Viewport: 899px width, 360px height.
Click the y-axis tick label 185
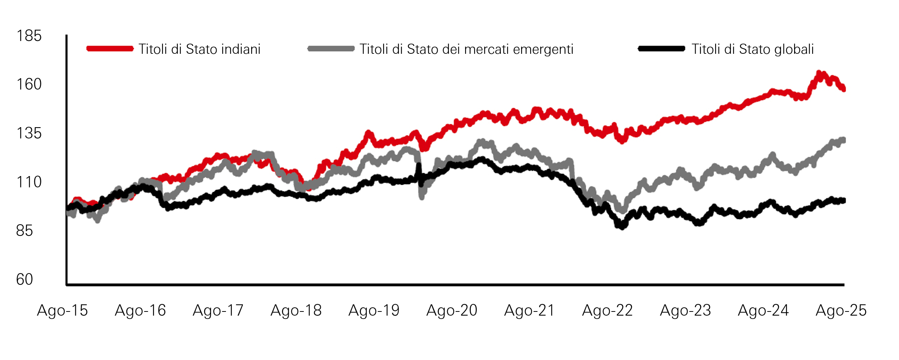29,36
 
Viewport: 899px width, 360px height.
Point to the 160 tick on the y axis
29,84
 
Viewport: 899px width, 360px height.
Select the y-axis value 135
29,133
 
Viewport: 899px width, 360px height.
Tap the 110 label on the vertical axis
29,182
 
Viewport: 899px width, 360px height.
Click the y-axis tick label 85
24,231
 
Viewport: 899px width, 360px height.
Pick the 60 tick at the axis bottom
24,279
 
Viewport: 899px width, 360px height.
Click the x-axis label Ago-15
62,311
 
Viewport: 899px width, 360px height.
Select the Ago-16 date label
140,311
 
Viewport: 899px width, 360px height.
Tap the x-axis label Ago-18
296,311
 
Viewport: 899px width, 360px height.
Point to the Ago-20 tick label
452,311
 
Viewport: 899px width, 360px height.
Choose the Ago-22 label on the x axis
608,311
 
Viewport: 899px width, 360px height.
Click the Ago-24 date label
763,311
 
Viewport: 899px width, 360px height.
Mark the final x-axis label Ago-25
841,311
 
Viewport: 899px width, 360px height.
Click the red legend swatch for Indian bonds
110,49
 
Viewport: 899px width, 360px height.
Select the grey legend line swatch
331,49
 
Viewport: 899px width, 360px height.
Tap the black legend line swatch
661,49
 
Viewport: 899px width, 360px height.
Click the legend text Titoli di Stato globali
753,49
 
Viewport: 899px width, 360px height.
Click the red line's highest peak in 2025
819,72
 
